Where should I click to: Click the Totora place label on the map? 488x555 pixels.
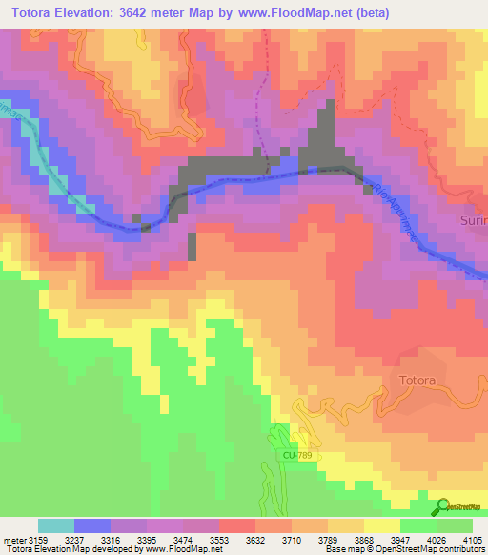coord(413,380)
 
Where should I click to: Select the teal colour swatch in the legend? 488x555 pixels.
coord(56,525)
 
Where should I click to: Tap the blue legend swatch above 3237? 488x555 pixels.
coord(92,525)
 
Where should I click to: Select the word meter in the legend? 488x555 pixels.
coord(15,539)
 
